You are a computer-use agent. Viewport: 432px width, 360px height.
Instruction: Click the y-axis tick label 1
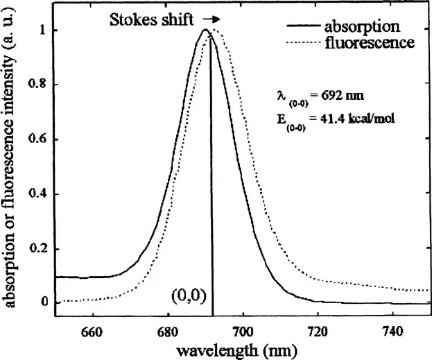[44, 31]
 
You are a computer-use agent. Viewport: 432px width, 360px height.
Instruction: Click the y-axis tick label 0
[44, 302]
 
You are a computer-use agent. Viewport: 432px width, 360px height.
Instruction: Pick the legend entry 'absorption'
[361, 26]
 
